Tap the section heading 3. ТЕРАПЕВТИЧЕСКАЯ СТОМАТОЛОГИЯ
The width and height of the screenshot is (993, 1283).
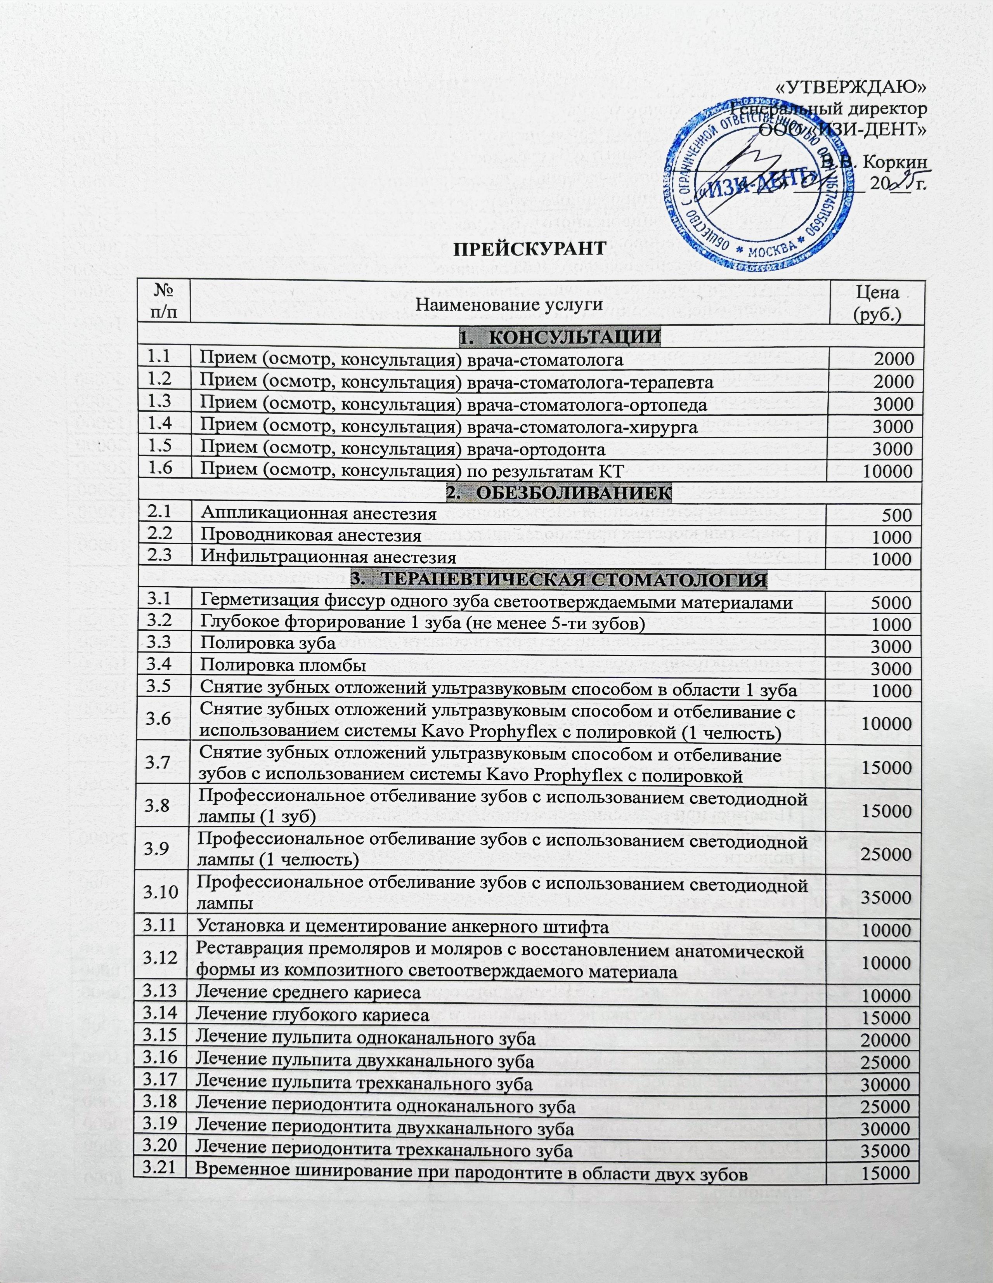[559, 579]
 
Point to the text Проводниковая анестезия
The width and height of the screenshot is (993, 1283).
[311, 535]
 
